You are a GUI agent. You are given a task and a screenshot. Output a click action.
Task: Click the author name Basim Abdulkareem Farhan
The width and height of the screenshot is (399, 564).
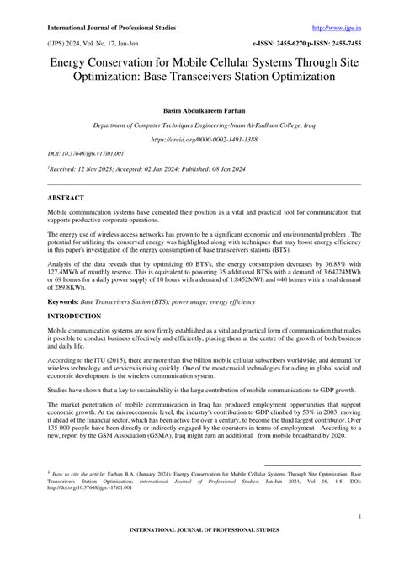click(x=199, y=110)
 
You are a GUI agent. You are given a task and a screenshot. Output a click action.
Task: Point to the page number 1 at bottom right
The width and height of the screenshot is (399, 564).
click(x=359, y=516)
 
